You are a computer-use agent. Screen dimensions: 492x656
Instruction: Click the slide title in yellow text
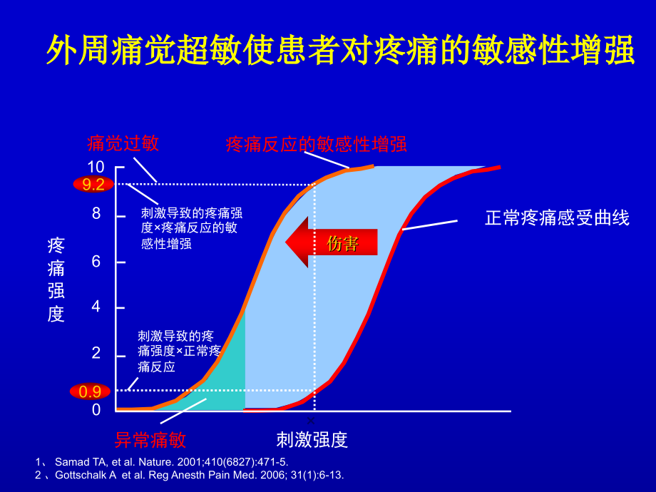point(340,52)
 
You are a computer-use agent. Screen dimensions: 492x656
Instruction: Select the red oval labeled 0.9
point(90,391)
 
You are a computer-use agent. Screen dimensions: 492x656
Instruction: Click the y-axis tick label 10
point(96,167)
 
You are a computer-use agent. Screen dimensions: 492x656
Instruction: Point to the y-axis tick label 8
point(96,214)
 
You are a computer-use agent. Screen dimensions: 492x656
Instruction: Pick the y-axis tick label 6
point(96,262)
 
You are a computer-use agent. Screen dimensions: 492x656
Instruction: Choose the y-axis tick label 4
point(96,307)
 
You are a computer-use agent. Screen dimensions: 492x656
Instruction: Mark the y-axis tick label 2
point(96,354)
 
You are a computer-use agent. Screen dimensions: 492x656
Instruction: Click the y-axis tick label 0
point(96,409)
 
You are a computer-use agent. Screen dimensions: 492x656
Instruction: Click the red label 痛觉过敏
point(123,143)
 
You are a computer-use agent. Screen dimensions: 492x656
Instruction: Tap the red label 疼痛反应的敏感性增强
point(316,144)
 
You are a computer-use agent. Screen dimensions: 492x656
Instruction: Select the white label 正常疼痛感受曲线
point(557,218)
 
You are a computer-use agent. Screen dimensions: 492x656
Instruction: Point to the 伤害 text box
point(342,243)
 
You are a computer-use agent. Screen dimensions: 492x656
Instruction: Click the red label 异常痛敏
point(150,439)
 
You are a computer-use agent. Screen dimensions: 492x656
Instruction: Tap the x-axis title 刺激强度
point(312,439)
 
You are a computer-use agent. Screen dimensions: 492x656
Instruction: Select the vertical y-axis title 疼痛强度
point(56,280)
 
